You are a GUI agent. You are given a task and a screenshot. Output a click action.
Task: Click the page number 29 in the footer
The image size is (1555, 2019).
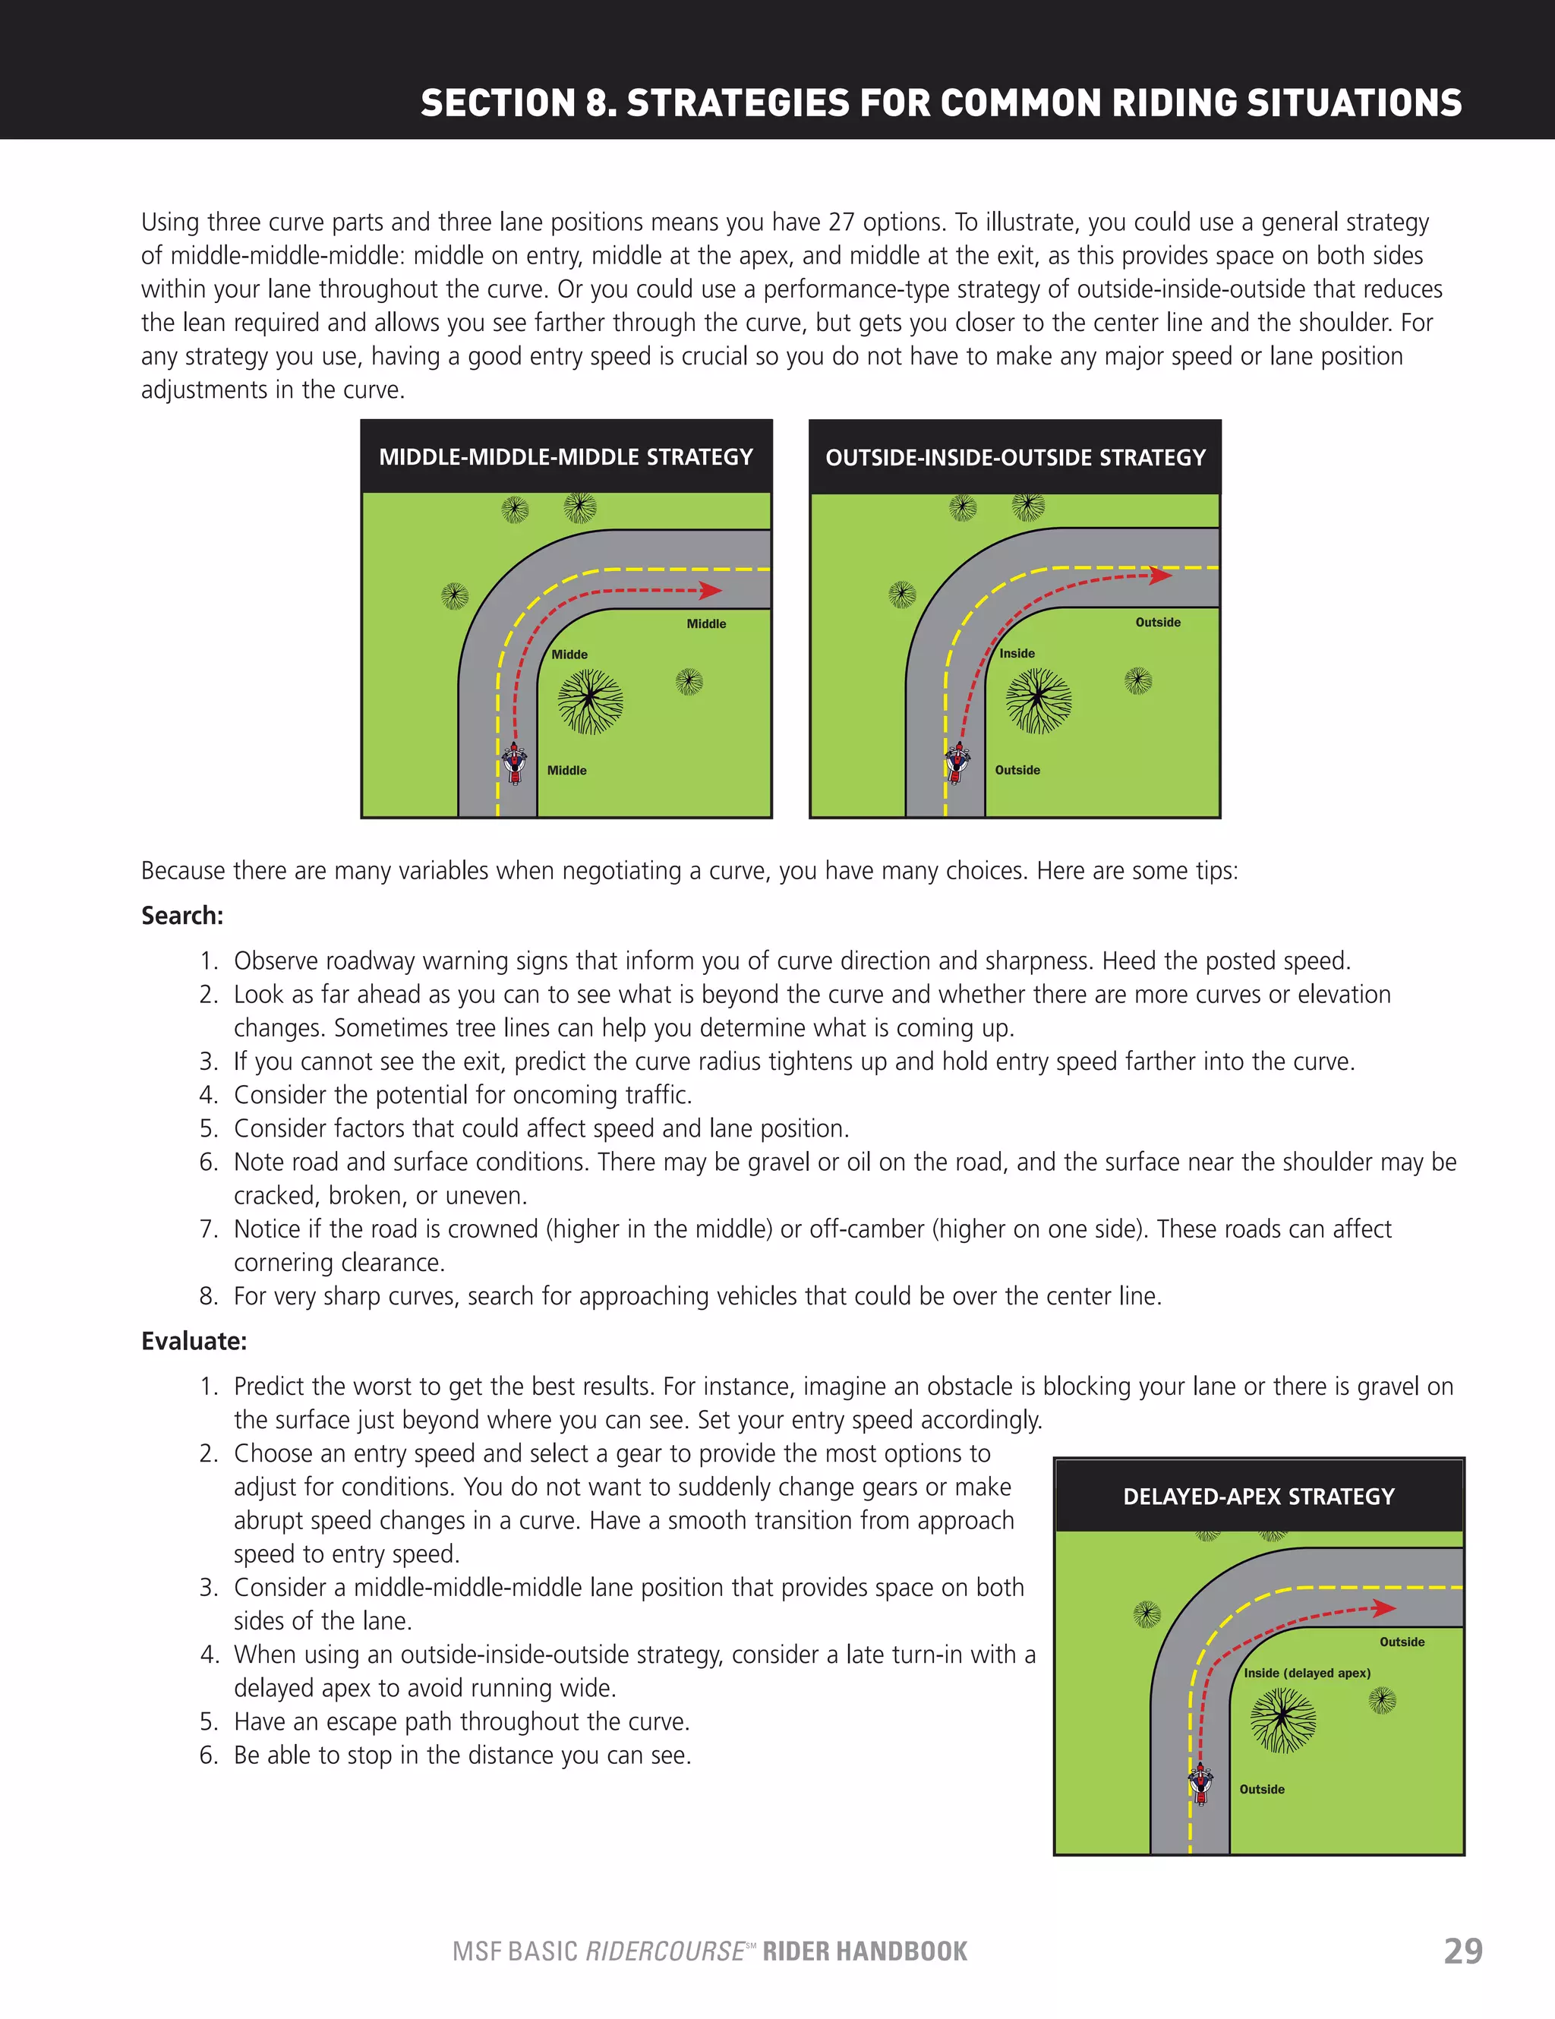click(1462, 1951)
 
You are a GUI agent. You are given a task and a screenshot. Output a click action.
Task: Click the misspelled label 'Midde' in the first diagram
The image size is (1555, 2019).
click(569, 655)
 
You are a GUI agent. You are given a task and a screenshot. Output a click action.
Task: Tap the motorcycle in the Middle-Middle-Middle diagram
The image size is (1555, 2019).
click(515, 762)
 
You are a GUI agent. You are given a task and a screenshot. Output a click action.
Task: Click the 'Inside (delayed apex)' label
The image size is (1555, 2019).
click(1306, 1674)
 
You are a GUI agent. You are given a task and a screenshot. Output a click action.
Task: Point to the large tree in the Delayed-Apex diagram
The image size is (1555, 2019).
click(1282, 1720)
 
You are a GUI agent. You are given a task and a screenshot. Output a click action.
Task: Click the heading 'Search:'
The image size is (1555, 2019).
click(182, 916)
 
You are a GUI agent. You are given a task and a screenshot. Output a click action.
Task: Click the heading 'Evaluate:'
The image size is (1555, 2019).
click(194, 1342)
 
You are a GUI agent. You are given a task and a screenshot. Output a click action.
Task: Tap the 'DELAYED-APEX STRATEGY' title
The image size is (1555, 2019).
click(1258, 1497)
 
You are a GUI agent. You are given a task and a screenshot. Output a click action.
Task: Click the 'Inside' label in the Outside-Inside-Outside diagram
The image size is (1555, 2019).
click(1017, 654)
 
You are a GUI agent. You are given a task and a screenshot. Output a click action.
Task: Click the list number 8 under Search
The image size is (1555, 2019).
click(208, 1296)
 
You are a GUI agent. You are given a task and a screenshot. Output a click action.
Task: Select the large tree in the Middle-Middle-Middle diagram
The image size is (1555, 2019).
click(590, 702)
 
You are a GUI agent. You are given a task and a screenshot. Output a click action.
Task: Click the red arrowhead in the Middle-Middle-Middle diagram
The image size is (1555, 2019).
click(710, 590)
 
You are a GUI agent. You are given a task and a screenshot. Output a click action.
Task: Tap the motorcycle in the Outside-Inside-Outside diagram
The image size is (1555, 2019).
click(957, 762)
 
